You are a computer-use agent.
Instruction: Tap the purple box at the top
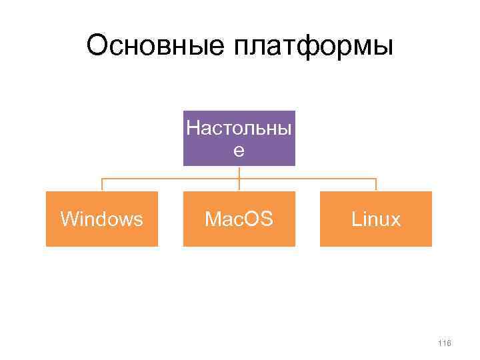(239, 138)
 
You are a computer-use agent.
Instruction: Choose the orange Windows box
(101, 219)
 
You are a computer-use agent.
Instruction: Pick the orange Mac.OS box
(239, 219)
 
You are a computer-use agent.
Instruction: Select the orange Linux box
(376, 219)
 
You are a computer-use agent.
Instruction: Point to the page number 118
(445, 343)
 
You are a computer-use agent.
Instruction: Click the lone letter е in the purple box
(239, 151)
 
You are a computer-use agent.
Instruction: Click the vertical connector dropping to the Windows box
(101, 185)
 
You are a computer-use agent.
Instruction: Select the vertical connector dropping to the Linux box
(376, 185)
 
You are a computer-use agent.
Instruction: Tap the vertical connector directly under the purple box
(239, 172)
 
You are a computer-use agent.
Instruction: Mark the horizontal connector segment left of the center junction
(170, 179)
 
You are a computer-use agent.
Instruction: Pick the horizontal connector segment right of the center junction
(307, 179)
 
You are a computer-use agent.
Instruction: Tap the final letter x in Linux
(396, 221)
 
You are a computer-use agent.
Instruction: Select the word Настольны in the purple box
(239, 127)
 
